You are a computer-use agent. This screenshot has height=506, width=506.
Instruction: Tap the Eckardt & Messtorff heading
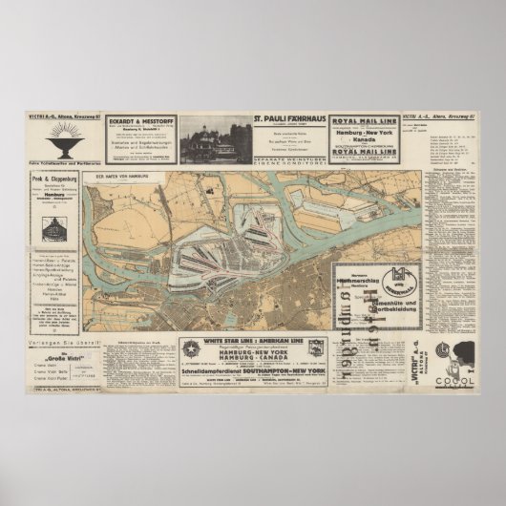(142, 121)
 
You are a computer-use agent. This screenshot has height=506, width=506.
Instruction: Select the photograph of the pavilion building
(216, 141)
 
